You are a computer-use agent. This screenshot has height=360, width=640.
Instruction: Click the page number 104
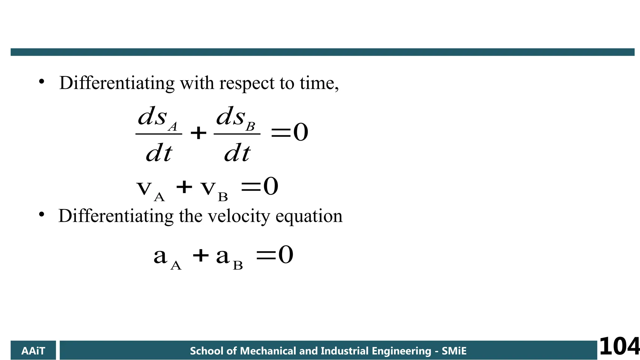[x=619, y=346]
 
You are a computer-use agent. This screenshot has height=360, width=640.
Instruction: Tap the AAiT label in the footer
[x=33, y=351]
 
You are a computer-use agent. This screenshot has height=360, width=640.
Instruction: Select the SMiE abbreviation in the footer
[x=454, y=351]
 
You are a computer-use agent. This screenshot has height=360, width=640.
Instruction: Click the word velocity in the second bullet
[x=239, y=216]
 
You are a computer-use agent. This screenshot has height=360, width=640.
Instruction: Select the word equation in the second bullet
[x=309, y=216]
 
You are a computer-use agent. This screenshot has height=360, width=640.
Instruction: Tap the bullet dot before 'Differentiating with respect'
[x=42, y=82]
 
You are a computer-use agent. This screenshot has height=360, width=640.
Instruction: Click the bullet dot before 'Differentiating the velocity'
[x=42, y=215]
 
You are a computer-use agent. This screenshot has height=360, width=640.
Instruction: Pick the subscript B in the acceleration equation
[x=238, y=265]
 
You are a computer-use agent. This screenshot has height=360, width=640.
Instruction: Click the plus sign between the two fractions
[x=198, y=133]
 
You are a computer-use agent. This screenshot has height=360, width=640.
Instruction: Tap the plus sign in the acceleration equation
[x=201, y=255]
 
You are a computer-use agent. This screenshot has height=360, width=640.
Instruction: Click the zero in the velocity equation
[x=271, y=186]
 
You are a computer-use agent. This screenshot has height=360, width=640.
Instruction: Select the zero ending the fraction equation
[x=301, y=132]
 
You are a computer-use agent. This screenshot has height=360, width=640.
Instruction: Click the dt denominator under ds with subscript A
[x=159, y=153]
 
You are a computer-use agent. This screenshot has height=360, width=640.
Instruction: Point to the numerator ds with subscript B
[x=236, y=117]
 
